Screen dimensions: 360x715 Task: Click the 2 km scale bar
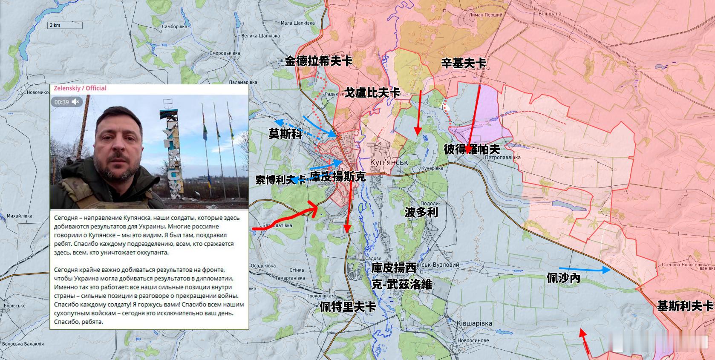pos(64,26)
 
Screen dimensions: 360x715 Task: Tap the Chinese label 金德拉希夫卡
pos(319,61)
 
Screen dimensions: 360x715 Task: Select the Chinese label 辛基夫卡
pos(464,63)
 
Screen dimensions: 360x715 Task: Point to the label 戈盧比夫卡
pos(372,92)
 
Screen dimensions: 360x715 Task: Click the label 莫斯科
pos(285,134)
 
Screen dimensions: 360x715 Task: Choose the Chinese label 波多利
pos(421,212)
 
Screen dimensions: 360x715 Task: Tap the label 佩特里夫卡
pos(348,307)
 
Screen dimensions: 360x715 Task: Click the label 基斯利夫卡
pos(685,306)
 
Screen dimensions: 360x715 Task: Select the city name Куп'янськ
pos(389,162)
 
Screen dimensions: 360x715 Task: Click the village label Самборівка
pos(174,26)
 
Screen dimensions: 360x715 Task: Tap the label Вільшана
pos(550,14)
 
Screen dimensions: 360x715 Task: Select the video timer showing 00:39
pos(62,102)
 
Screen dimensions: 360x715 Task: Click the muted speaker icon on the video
pos(76,102)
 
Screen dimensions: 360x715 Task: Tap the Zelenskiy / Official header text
pos(80,88)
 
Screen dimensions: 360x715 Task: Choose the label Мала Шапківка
pos(297,23)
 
